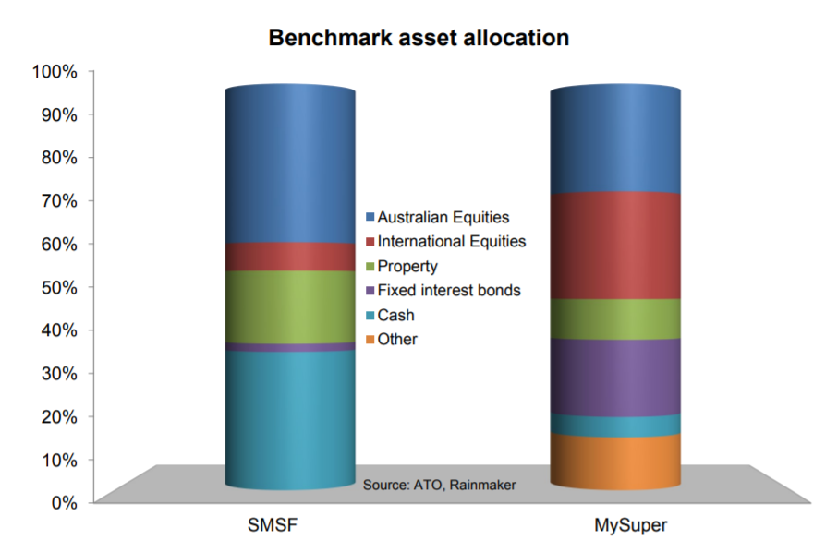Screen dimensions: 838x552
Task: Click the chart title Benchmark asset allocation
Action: pyautogui.click(x=419, y=38)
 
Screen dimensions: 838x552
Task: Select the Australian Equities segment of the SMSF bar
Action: pyautogui.click(x=290, y=165)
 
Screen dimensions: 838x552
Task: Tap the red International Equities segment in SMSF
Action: pyautogui.click(x=290, y=258)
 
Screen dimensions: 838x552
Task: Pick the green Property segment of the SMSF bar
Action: pyautogui.click(x=290, y=307)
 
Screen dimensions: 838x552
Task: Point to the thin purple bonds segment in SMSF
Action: pyautogui.click(x=290, y=347)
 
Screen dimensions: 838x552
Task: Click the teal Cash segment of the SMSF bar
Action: pyautogui.click(x=290, y=420)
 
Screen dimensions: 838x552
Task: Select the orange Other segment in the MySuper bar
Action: pyautogui.click(x=615, y=462)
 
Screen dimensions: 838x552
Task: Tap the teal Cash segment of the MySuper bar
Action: pyautogui.click(x=615, y=426)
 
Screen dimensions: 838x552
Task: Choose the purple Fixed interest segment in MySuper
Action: pyautogui.click(x=615, y=378)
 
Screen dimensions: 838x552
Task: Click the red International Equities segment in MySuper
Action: pyautogui.click(x=615, y=246)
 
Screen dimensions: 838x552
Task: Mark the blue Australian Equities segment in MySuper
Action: pyautogui.click(x=615, y=140)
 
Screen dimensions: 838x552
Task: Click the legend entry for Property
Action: pyautogui.click(x=402, y=266)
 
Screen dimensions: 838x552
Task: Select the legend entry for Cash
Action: pyautogui.click(x=390, y=315)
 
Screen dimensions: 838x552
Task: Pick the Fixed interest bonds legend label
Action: pyautogui.click(x=449, y=291)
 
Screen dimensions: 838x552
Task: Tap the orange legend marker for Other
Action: pyautogui.click(x=370, y=340)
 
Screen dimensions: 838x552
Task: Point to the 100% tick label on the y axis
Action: pyautogui.click(x=55, y=71)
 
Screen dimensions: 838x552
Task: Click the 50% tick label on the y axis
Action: pyautogui.click(x=59, y=288)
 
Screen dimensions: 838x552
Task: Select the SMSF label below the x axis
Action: pyautogui.click(x=272, y=525)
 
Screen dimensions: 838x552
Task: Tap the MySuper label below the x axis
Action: pyautogui.click(x=631, y=525)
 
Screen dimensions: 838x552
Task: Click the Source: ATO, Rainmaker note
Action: pyautogui.click(x=439, y=485)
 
